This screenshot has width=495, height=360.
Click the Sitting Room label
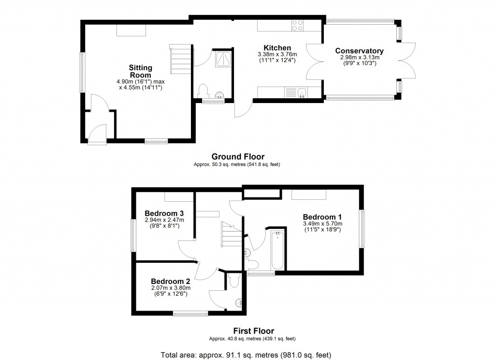140,72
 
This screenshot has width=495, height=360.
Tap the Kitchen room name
277,48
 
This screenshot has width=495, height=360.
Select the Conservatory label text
359,51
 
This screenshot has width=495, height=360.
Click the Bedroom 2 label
170,281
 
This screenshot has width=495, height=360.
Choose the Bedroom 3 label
164,213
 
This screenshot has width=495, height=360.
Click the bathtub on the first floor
277,251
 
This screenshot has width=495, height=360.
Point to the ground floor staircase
180,59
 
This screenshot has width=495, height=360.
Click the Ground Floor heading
238,156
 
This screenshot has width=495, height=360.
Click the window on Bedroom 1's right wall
361,228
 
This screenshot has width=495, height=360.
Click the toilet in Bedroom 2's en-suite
234,280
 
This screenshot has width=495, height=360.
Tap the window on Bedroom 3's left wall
133,235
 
